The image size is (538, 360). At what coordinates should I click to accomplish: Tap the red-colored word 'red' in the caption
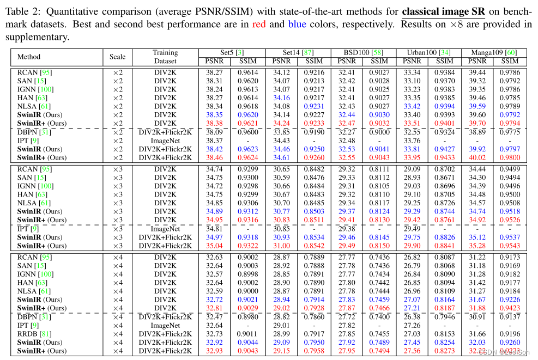coord(259,25)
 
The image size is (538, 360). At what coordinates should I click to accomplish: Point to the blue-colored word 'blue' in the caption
coord(297,25)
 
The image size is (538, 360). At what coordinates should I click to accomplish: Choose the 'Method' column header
coord(29,57)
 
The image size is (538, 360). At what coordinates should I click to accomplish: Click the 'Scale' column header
coord(117,57)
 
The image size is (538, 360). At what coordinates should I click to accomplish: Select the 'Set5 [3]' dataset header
coord(232,53)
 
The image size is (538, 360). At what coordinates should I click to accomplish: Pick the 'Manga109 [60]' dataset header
coord(495,53)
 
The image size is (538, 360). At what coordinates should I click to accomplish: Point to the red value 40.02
coord(477,157)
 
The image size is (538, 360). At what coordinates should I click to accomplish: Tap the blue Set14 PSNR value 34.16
coord(281,98)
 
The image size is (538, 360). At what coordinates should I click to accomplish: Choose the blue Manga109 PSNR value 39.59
coord(477,106)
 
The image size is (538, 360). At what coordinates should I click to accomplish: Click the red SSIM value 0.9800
coord(510,157)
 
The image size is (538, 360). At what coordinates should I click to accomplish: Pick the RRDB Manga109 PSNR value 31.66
coord(477,334)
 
